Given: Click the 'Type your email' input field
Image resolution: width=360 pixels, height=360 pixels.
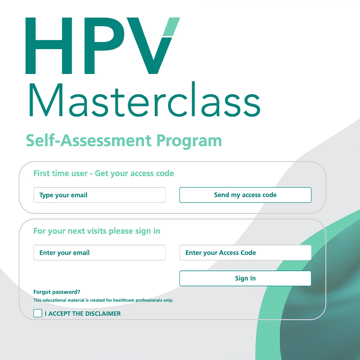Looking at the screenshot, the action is (x=99, y=195).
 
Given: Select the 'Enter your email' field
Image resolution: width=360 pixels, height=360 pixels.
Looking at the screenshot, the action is (x=99, y=252).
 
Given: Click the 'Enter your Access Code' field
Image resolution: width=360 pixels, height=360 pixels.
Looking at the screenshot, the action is (x=246, y=252).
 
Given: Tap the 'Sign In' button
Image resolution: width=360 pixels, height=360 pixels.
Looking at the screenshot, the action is (x=246, y=278).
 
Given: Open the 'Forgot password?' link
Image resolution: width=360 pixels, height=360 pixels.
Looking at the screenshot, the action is (x=57, y=292).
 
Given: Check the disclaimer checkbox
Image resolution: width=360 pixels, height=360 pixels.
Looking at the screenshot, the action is (x=38, y=313).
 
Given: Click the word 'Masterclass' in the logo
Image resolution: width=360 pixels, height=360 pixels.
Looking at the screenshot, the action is (x=145, y=100).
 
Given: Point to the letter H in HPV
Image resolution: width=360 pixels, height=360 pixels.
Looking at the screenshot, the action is (x=49, y=46).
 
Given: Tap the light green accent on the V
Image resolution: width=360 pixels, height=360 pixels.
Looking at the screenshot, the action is (x=171, y=27).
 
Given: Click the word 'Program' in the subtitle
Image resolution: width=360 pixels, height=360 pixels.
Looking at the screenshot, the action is (x=189, y=141).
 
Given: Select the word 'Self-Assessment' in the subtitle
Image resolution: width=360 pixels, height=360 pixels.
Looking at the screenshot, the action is (x=89, y=140).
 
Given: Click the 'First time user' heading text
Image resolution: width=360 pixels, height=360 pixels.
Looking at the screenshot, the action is (x=61, y=173).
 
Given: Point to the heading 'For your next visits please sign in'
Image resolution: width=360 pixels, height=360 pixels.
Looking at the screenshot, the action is (x=97, y=231).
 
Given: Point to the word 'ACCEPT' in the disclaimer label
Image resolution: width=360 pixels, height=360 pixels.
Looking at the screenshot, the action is (x=60, y=313).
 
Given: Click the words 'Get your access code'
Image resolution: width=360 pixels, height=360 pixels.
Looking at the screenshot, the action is (x=135, y=174).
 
